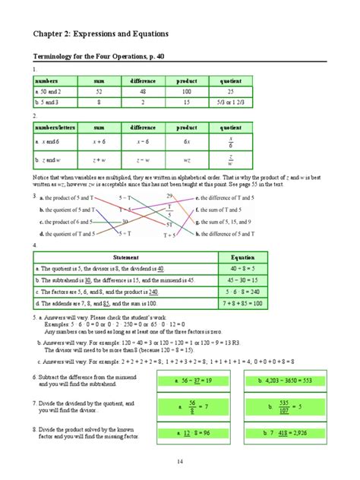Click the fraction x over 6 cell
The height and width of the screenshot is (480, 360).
click(x=230, y=142)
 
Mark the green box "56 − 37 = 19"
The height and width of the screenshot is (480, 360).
click(x=193, y=381)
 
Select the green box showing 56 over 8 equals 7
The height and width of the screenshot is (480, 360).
click(x=193, y=407)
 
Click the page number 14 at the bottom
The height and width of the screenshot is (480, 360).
click(x=179, y=461)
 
